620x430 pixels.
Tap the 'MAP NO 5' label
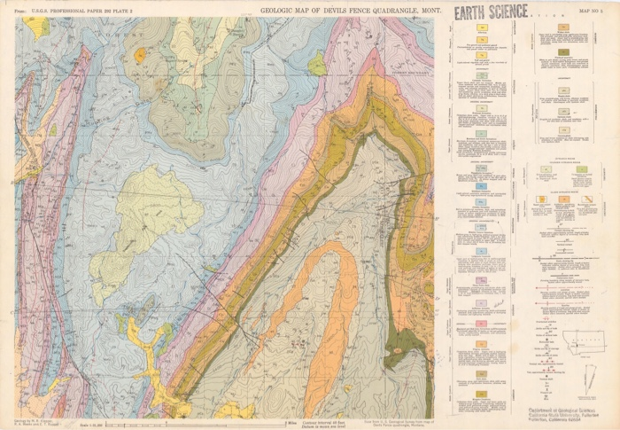(x=592, y=12)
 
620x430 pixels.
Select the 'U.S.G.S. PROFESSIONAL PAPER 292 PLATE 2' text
(x=73, y=12)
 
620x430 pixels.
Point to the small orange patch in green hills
(x=140, y=55)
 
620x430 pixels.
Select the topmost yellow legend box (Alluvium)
(x=483, y=29)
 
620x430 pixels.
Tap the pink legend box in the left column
(x=483, y=281)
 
